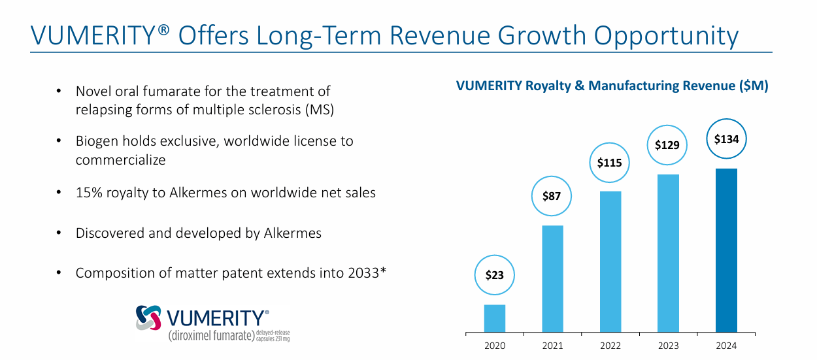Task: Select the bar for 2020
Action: click(495, 318)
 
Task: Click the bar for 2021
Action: click(552, 278)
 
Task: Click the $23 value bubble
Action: click(495, 275)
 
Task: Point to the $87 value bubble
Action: click(552, 195)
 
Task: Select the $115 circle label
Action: click(610, 162)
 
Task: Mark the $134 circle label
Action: click(726, 139)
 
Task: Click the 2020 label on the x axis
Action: click(495, 346)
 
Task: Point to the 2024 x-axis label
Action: click(726, 346)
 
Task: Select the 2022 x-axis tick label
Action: click(610, 346)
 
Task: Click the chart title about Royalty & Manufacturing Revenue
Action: click(612, 86)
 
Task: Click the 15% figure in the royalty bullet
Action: click(89, 193)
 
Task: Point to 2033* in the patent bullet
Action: click(363, 272)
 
